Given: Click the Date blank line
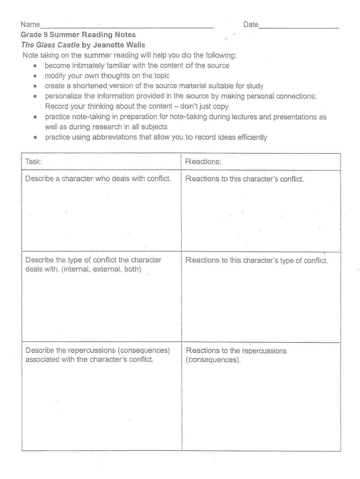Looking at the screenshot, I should (x=298, y=27).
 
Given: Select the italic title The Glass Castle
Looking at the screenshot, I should (x=50, y=45).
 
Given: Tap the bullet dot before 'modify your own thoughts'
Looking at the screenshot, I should (x=35, y=76).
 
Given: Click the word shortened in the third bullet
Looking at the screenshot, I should (x=90, y=86).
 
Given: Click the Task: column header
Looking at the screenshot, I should (x=34, y=162).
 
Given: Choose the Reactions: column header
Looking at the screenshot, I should (x=203, y=162).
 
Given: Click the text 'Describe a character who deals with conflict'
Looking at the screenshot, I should (x=98, y=179).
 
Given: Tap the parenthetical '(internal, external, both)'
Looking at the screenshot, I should (x=101, y=269).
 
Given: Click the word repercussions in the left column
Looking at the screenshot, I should (x=92, y=350).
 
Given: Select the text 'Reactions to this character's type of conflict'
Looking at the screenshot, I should (x=257, y=260).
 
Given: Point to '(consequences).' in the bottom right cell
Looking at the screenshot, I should (x=213, y=360).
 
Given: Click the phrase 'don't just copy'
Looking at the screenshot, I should (x=204, y=106).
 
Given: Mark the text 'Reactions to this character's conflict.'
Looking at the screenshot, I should (x=244, y=179).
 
